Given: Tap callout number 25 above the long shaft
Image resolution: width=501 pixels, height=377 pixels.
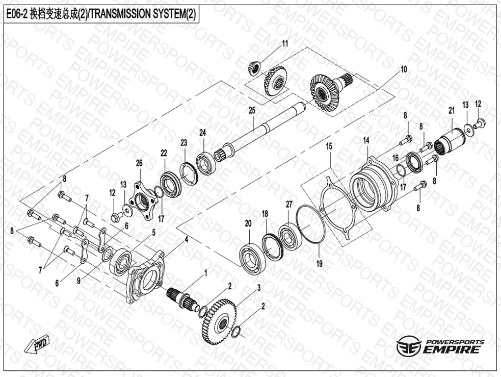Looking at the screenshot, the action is (252, 111).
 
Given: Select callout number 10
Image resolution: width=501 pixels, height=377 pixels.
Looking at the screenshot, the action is (404, 69).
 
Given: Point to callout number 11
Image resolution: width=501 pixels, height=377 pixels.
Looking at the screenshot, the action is (285, 43).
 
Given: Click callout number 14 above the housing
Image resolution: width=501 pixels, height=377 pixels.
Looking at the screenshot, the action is (366, 140).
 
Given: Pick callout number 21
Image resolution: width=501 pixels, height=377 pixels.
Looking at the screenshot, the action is (452, 111).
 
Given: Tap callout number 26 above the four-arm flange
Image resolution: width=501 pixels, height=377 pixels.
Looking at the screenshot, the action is (139, 163).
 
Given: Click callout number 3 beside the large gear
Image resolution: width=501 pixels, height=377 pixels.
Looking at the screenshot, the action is (259, 288).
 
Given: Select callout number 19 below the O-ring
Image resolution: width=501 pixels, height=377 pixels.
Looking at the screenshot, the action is (319, 263).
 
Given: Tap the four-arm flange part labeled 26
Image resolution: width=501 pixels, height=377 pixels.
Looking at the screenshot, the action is (143, 201).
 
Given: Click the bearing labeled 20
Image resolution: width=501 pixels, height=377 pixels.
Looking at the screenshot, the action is (252, 258).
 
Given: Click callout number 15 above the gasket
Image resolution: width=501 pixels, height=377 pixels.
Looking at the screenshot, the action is (329, 146).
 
